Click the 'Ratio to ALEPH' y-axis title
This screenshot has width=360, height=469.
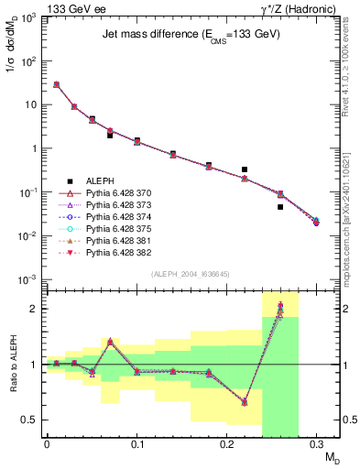(13, 365)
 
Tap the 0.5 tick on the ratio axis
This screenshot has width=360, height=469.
(34, 420)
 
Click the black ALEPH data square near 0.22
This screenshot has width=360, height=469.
(245, 169)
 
